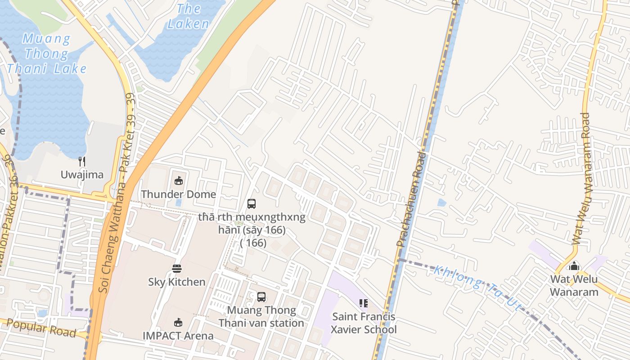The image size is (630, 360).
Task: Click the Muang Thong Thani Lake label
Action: (47, 54)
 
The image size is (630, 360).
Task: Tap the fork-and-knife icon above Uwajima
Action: (82, 162)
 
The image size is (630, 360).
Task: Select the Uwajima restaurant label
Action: (82, 175)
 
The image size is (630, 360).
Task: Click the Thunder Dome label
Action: (179, 194)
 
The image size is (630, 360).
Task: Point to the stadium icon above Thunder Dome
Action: (179, 181)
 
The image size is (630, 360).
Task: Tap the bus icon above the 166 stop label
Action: (252, 204)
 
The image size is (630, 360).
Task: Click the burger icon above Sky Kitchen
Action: (177, 269)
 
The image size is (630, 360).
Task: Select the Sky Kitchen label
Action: (177, 282)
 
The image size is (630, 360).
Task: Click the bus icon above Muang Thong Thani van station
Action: (261, 297)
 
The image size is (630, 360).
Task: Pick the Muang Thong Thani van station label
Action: (261, 317)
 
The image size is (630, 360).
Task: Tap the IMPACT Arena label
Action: (178, 336)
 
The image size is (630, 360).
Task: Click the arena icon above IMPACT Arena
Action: (178, 323)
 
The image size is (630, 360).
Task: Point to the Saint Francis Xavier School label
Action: (364, 323)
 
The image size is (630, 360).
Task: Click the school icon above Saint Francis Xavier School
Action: (364, 303)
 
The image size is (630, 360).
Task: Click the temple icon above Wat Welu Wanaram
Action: (574, 266)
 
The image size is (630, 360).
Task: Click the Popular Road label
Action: (41, 328)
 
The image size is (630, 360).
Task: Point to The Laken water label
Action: (189, 16)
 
